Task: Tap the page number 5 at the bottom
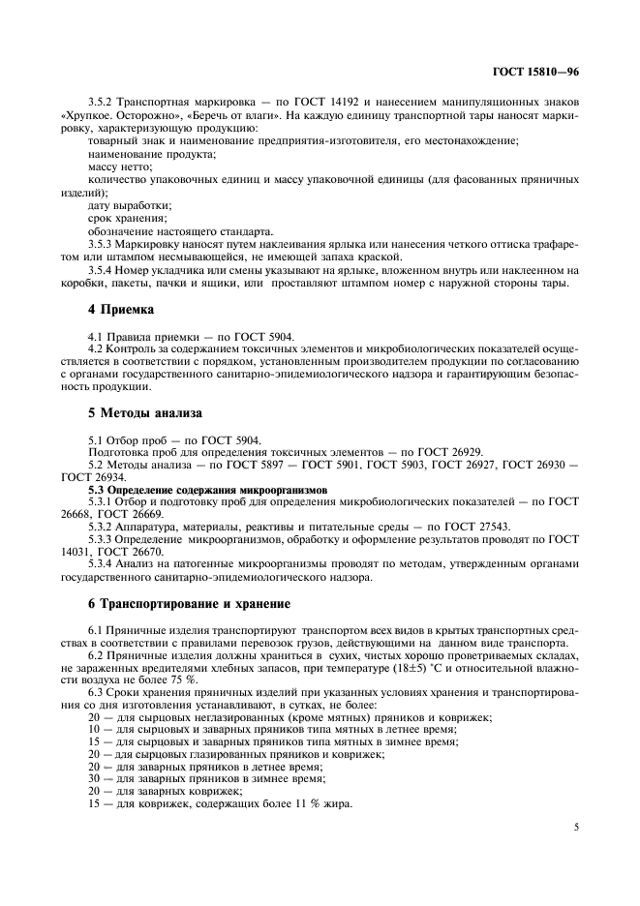(x=575, y=828)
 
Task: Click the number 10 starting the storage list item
(x=93, y=730)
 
